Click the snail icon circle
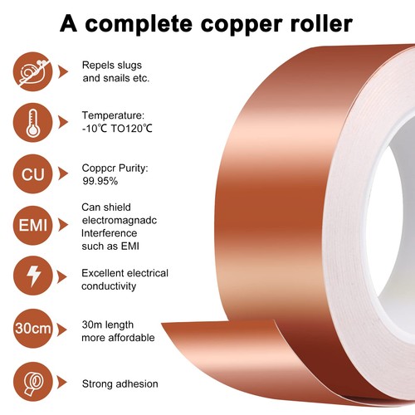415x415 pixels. (x=32, y=71)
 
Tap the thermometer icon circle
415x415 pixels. (x=32, y=123)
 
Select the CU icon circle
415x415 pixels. (x=32, y=174)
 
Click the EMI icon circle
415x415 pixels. (x=32, y=225)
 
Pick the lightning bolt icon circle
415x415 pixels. (x=32, y=276)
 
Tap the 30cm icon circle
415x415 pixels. (x=32, y=329)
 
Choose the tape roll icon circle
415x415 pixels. (x=32, y=382)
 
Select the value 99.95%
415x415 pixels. (x=100, y=181)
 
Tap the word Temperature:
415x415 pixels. (x=113, y=115)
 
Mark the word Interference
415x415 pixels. (x=109, y=233)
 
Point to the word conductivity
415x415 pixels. (x=109, y=286)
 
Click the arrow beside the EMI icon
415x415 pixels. (x=63, y=225)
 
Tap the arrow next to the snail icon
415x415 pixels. (x=63, y=71)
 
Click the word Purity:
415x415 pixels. (x=134, y=168)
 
